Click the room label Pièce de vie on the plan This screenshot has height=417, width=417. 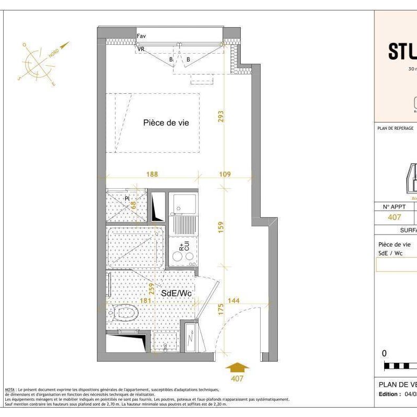[166, 123]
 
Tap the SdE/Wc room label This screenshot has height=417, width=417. [176, 294]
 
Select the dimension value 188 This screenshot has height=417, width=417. [152, 174]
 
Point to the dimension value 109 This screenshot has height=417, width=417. [225, 174]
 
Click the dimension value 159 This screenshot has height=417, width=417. [221, 227]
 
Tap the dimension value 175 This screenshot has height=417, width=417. [221, 310]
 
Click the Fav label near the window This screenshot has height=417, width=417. [141, 36]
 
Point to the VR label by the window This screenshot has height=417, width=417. [141, 49]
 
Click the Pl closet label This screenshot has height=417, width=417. [127, 199]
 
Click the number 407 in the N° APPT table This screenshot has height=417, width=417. [395, 217]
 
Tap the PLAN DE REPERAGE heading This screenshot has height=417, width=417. [395, 128]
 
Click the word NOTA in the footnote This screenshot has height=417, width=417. [9, 389]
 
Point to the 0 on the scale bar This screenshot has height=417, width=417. [385, 353]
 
